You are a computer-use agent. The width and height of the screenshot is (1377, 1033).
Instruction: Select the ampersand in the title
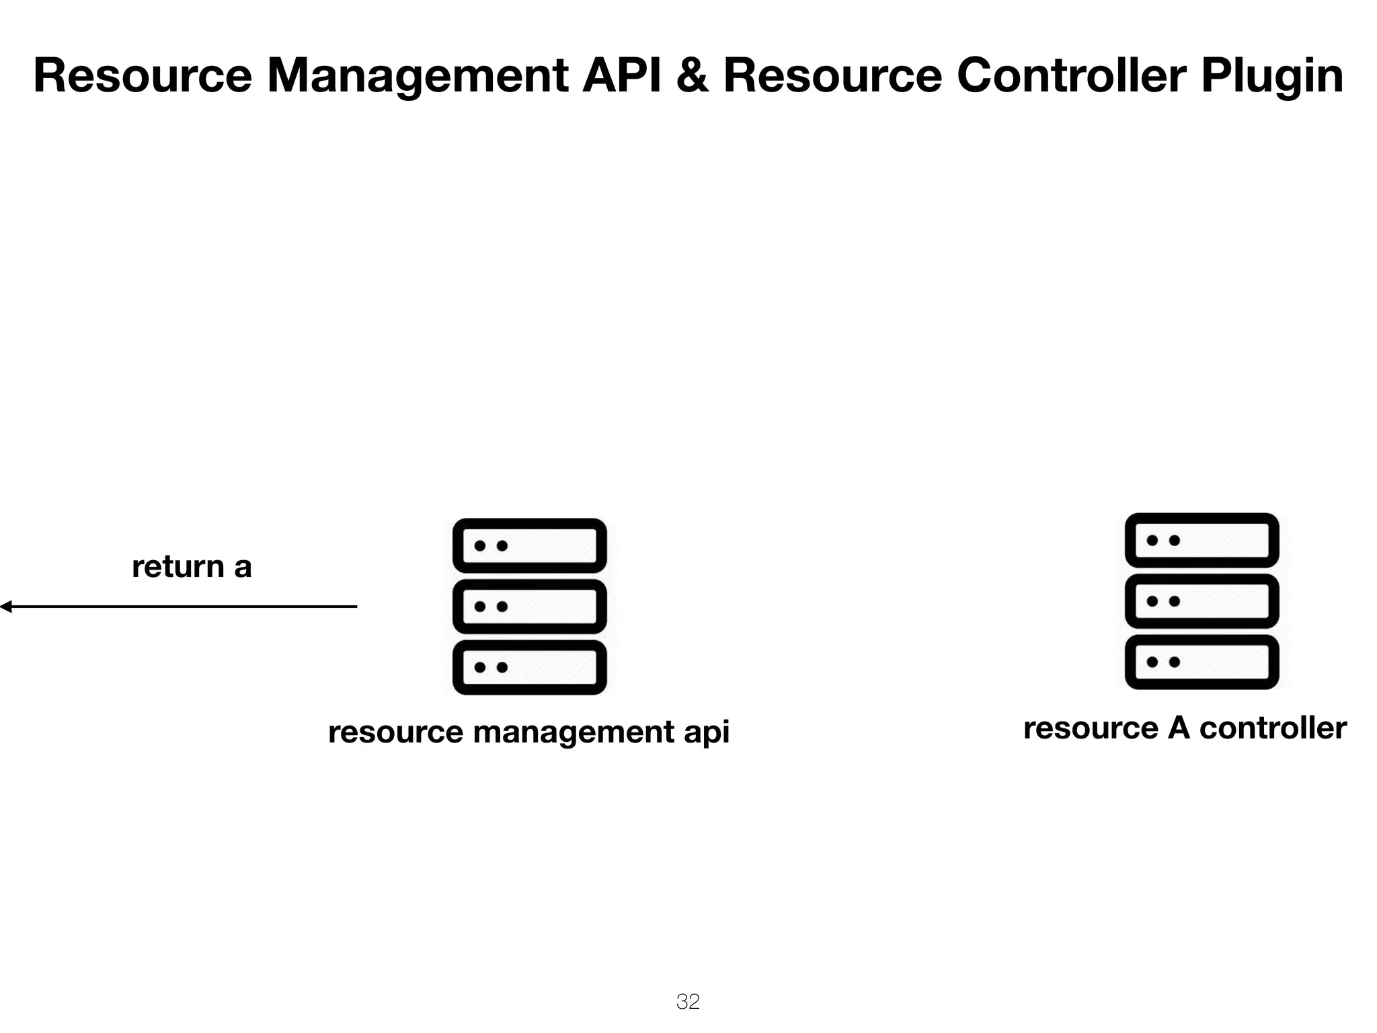click(x=693, y=75)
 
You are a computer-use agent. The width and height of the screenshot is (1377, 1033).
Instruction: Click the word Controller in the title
click(x=1070, y=75)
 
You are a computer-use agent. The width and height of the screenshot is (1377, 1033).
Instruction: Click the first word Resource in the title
click(x=143, y=75)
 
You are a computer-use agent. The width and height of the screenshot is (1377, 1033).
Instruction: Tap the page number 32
click(x=688, y=1001)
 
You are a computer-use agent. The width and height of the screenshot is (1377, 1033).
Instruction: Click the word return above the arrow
click(x=178, y=567)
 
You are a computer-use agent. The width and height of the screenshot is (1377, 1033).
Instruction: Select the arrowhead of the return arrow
click(x=5, y=607)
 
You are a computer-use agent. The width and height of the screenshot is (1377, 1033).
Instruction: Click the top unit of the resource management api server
click(x=530, y=545)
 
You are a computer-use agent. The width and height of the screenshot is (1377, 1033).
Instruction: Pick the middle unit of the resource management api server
click(x=530, y=607)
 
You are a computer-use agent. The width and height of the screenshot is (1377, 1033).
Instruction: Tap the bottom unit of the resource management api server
click(x=530, y=667)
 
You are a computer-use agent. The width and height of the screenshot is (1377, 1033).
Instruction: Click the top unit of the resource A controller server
click(x=1202, y=540)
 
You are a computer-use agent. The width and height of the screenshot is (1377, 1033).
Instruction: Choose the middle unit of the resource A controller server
click(x=1202, y=601)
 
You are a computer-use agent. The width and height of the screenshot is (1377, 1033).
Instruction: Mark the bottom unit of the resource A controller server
click(x=1202, y=662)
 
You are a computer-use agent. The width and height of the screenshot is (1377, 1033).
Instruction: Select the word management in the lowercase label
click(x=574, y=732)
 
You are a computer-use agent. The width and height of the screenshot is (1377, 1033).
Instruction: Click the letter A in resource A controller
click(x=1179, y=728)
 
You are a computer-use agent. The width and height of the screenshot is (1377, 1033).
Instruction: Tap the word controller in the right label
click(x=1273, y=728)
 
